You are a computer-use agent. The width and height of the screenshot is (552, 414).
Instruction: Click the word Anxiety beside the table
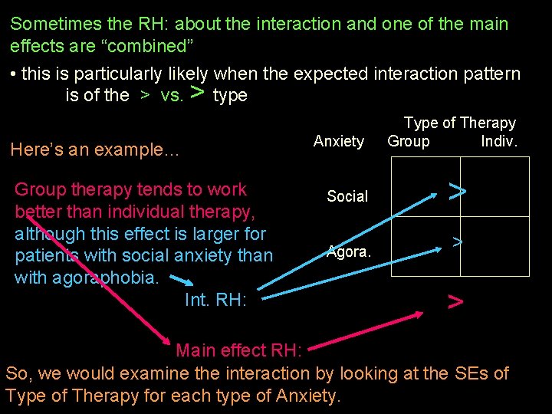click(x=339, y=141)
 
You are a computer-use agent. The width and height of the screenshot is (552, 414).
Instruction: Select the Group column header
click(x=409, y=141)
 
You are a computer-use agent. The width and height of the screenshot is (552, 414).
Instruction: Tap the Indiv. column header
click(x=499, y=141)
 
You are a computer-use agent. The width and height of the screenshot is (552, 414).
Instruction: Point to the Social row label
click(x=347, y=196)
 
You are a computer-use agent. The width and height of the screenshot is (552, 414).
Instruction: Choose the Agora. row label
click(x=349, y=251)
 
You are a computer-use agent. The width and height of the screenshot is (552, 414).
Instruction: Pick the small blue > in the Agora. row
click(x=457, y=242)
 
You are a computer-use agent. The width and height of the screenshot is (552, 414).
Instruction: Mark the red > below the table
click(x=455, y=301)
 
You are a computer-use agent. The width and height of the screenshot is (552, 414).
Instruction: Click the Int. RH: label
click(x=215, y=301)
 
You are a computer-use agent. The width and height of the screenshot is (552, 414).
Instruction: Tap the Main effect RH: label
click(x=240, y=350)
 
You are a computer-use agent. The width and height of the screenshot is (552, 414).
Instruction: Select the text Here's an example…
click(x=94, y=150)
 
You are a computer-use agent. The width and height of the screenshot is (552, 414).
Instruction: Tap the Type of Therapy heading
click(x=460, y=123)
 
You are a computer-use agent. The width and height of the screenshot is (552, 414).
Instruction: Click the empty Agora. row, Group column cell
click(x=426, y=246)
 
